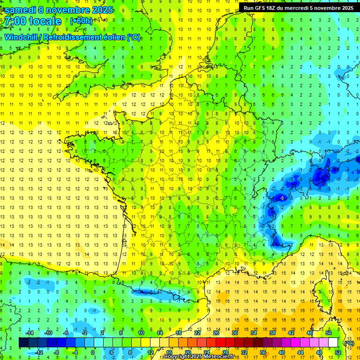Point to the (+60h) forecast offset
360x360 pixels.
point(81,21)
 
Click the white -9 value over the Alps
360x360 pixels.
point(281,198)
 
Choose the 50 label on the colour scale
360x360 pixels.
point(329,333)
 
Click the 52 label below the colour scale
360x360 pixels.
point(337,352)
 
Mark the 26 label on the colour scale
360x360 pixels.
point(216,333)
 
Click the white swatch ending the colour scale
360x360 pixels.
point(333,343)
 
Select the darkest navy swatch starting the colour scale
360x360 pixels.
point(23,343)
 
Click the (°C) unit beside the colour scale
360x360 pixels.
point(349,343)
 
